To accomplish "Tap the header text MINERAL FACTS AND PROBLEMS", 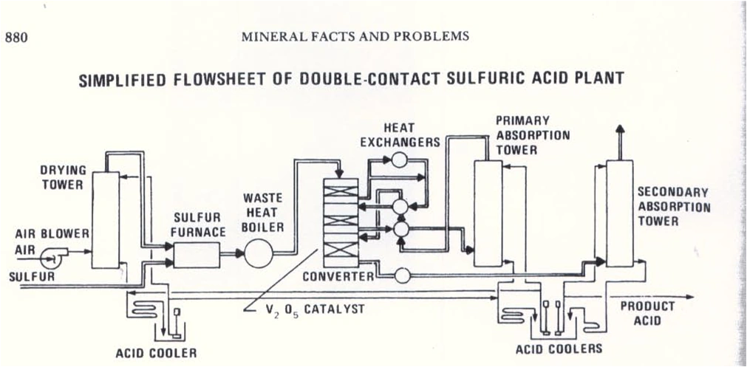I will [355, 37].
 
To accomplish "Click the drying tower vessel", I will [106, 222].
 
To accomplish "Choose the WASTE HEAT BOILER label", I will [262, 213].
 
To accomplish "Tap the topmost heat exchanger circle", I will [400, 159].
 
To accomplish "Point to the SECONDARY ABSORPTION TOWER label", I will [673, 206].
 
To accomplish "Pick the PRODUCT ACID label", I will [647, 313].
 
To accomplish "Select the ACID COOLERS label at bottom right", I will [559, 348].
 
